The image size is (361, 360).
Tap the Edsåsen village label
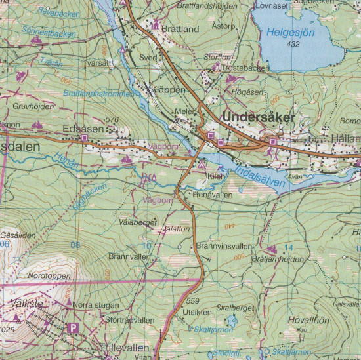[x=83, y=129]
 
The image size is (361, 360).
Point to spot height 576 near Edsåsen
[x=112, y=119]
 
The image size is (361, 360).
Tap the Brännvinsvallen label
[x=224, y=246]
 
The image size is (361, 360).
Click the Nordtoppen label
[x=49, y=276]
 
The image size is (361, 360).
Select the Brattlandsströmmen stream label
[x=101, y=94]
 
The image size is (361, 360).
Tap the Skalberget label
[x=230, y=307]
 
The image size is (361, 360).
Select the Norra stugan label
[x=96, y=305]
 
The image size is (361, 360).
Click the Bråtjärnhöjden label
[x=277, y=259]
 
